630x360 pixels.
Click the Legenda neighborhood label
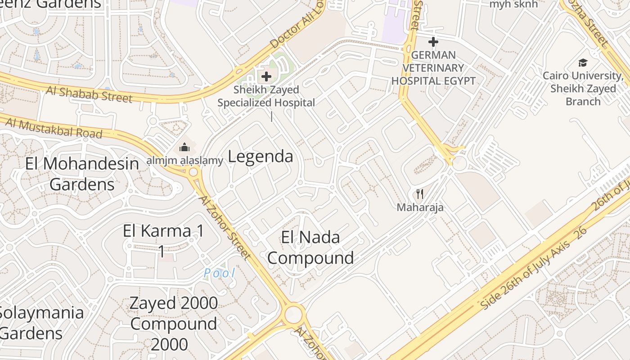[x=261, y=157]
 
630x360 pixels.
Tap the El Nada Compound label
[x=310, y=247]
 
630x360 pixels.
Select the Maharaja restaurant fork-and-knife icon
[x=420, y=194]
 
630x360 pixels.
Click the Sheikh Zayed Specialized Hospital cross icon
[x=266, y=76]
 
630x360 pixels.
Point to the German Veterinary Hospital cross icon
[x=433, y=42]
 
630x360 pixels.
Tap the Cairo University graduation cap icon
[x=583, y=63]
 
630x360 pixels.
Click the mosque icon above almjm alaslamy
[x=184, y=147]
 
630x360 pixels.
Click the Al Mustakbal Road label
[x=54, y=128]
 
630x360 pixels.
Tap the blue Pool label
[x=219, y=273]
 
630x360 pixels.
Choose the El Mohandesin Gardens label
[x=82, y=174]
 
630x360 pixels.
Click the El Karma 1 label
[x=163, y=241]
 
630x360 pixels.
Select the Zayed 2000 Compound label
[x=173, y=324]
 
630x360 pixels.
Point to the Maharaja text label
[x=420, y=207]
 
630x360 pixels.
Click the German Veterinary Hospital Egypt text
[x=433, y=68]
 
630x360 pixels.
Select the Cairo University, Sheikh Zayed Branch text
[x=583, y=89]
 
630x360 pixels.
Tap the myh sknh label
[x=513, y=4]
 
